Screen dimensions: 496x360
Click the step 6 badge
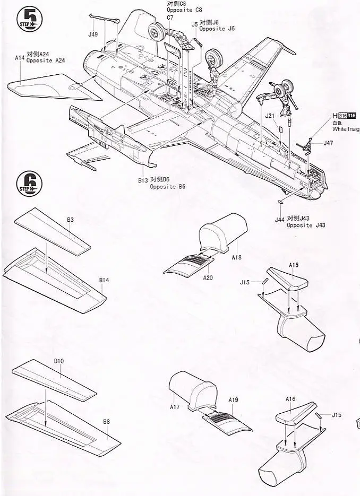(29, 184)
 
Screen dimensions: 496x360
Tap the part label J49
(93, 35)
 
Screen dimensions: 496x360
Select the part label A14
(20, 57)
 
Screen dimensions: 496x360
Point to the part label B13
(142, 180)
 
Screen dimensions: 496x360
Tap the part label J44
(279, 219)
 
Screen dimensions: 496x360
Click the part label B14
(104, 280)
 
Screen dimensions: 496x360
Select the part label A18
(236, 257)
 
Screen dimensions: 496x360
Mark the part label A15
(294, 264)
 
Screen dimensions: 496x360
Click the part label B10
(58, 361)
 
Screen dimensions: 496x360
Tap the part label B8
(107, 422)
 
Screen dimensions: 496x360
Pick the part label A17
(175, 407)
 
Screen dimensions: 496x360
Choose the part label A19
(233, 399)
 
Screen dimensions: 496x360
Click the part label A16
(290, 399)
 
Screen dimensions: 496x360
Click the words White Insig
(346, 128)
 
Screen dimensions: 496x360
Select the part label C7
(170, 18)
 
